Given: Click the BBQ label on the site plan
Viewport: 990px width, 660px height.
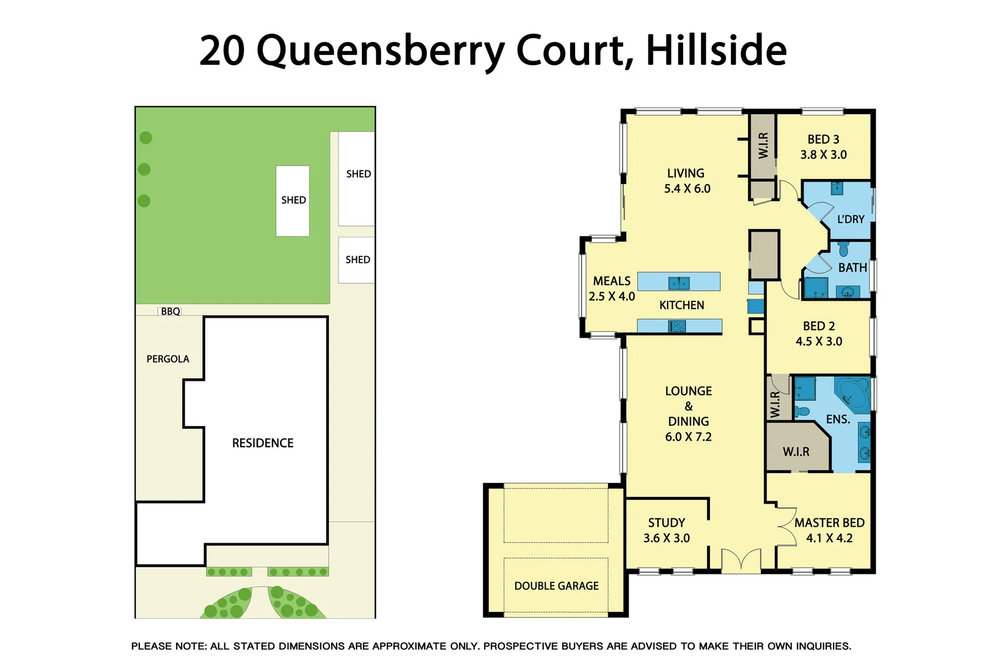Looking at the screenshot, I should pos(170,312).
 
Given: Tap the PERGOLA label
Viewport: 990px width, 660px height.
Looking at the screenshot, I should pos(167,359).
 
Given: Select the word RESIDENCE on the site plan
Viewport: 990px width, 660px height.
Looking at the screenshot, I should pos(263,443).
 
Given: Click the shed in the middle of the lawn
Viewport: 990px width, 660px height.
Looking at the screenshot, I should pos(293,200).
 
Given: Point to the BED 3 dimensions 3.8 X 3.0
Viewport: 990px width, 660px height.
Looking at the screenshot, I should pos(823,155).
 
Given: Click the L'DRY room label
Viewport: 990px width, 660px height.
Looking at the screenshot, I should pos(851,219).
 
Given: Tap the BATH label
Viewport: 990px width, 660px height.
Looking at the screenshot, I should pos(853,268).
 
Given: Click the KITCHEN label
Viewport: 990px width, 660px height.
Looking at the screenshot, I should pos(681,306).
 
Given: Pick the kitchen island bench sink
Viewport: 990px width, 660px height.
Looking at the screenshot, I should pos(679,282).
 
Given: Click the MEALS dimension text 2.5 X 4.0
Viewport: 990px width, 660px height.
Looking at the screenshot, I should pos(612,296).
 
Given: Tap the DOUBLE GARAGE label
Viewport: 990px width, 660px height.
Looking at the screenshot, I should pos(556,586).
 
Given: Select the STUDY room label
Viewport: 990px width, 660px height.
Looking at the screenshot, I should pos(666,523).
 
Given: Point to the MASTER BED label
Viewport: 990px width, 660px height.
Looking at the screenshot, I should pos(829,523).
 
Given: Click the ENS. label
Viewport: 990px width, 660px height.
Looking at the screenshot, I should pos(838,420).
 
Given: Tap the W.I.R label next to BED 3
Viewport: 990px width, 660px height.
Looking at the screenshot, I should pos(763,145).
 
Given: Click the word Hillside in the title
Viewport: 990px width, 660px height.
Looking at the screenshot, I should pos(716,50).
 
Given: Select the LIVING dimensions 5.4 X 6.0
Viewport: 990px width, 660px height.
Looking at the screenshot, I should pos(687,189).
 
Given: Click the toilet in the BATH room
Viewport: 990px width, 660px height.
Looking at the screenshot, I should pos(843,249).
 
